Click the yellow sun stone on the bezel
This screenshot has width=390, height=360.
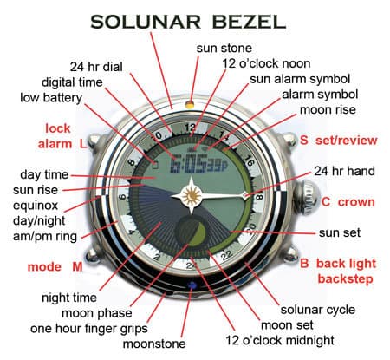[x=190, y=104]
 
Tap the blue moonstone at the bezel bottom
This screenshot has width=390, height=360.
[x=192, y=285]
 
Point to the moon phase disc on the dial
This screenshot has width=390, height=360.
[x=191, y=232]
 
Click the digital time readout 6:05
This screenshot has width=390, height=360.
[x=189, y=163]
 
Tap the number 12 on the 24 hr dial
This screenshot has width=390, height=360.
[x=191, y=128]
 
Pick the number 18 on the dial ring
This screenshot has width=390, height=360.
[x=259, y=198]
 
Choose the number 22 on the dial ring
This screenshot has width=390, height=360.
[x=227, y=254]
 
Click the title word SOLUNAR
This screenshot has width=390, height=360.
[x=146, y=22]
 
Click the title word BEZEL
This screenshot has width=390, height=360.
[x=249, y=22]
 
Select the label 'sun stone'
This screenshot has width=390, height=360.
[x=224, y=48]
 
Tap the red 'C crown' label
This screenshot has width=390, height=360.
[x=348, y=202]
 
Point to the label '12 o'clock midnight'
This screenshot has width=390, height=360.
[x=280, y=340]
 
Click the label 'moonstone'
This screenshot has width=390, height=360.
[x=154, y=344]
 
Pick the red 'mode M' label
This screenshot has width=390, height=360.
[x=55, y=266]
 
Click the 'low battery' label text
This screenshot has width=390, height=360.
[x=51, y=98]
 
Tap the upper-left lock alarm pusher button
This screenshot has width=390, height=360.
[x=94, y=141]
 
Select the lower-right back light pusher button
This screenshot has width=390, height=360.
[x=290, y=254]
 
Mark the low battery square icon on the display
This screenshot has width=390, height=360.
[x=155, y=165]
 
